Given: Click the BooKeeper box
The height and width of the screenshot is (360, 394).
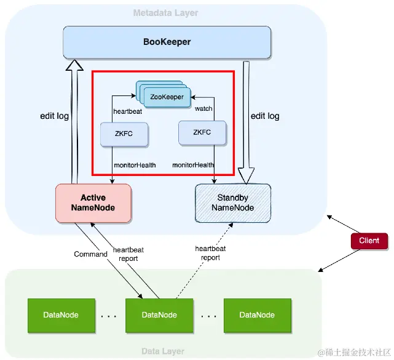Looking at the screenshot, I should click(x=167, y=42).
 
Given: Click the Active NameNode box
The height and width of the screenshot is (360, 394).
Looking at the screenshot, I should click(x=93, y=202).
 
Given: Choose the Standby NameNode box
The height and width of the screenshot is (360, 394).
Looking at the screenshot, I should click(x=232, y=202).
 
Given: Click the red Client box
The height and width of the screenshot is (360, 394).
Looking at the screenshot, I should click(x=369, y=240).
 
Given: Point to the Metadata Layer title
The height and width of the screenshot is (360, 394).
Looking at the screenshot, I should click(x=166, y=13).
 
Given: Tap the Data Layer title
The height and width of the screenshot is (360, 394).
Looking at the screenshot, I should click(x=162, y=351).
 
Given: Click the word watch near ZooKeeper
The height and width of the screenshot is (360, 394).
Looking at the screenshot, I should click(x=203, y=109).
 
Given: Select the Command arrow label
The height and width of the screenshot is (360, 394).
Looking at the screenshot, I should click(x=90, y=254).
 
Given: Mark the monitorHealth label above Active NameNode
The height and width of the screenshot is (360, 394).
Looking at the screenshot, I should click(x=133, y=165).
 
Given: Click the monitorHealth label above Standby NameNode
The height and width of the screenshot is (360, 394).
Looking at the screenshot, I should click(x=193, y=165).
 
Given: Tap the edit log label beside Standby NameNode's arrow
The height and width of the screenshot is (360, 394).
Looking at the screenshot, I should click(x=265, y=116).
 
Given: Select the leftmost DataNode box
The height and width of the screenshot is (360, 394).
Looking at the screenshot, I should click(x=61, y=314).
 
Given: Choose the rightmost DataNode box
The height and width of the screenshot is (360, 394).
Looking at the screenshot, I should click(x=257, y=314).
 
